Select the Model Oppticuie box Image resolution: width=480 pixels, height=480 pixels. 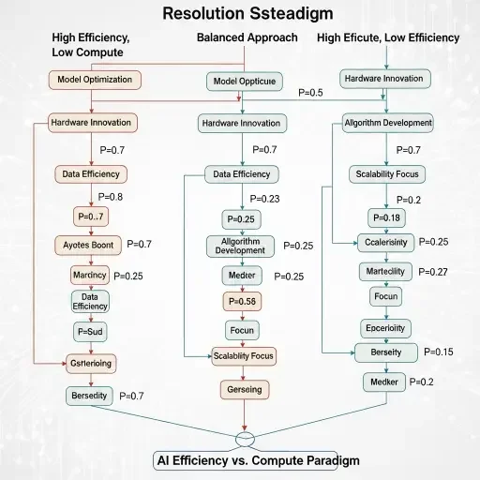244,82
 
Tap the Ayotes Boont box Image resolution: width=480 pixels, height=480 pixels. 90,245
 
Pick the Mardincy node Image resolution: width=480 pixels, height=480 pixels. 90,275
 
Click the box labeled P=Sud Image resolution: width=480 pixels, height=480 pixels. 90,331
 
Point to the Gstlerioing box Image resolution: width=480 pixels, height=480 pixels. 90,364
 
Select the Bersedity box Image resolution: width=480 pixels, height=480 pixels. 90,396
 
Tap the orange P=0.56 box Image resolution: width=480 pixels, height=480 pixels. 243,302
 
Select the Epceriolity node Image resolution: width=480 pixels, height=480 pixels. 386,328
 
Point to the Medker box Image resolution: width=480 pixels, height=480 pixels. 385,382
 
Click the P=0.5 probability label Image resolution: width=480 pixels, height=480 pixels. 309,93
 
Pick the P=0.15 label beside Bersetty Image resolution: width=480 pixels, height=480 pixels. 438,352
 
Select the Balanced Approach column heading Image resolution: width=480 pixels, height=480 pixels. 247,37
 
